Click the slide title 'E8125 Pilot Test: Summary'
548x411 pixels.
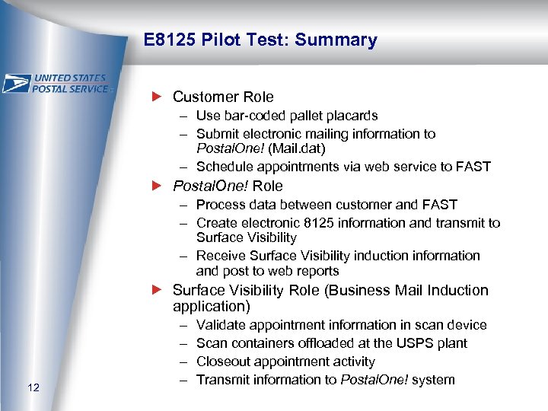point(260,40)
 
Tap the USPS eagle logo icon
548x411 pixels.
point(17,83)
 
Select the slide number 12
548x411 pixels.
point(33,388)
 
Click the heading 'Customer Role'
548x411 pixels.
point(223,97)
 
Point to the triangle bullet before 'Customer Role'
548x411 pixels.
point(158,97)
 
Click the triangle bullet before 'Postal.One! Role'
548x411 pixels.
point(158,186)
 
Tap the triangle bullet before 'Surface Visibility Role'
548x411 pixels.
point(158,290)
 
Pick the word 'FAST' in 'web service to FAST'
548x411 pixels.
point(473,167)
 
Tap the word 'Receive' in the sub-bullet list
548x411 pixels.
point(221,256)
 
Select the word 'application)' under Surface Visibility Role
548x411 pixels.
point(209,307)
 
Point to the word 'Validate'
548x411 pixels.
point(220,325)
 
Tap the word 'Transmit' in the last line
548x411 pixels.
point(222,380)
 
